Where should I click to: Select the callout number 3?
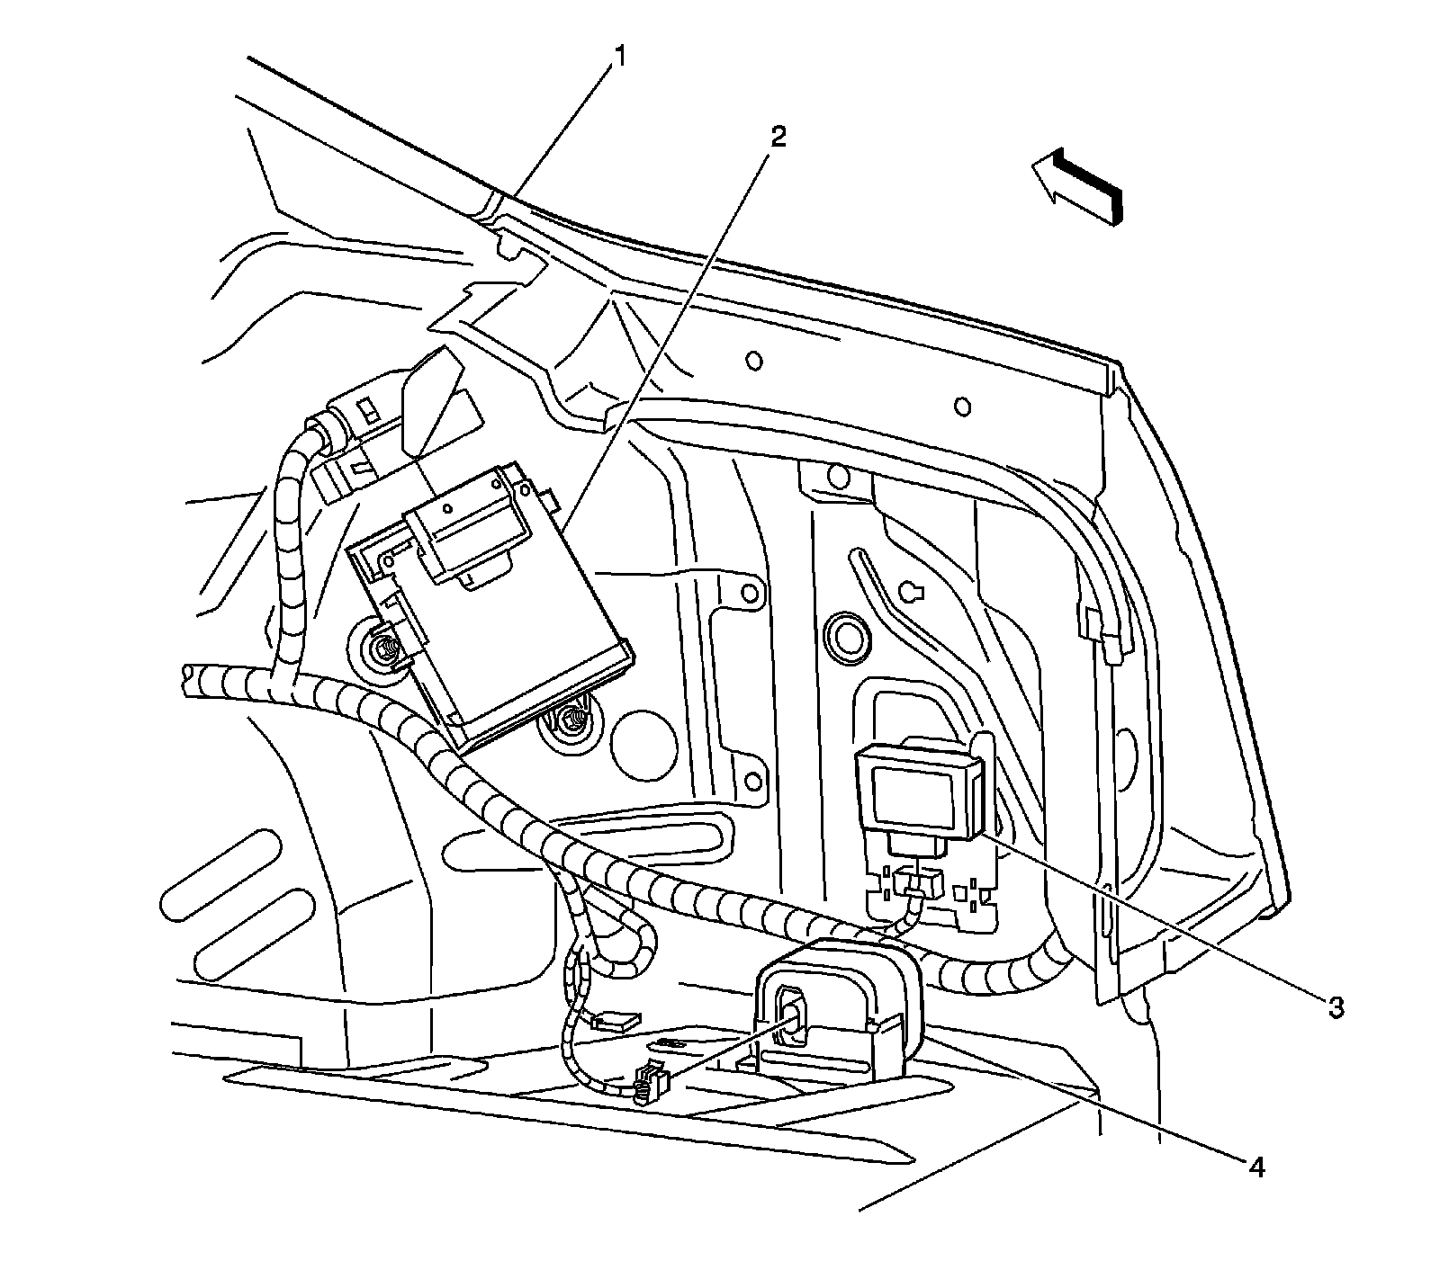point(1336,1007)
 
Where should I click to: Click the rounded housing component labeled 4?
point(837,1007)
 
